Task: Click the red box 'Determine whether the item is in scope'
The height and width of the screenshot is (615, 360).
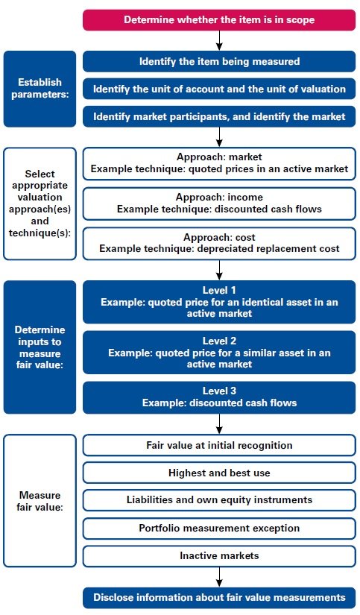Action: tap(219, 20)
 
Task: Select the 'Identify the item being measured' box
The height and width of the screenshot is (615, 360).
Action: tap(219, 61)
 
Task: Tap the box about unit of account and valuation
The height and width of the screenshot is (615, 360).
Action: tap(219, 89)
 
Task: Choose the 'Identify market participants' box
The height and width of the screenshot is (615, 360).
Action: tap(219, 116)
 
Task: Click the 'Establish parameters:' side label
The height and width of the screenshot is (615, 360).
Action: tap(40, 89)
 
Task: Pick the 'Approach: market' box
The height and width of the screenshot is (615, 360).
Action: tap(219, 163)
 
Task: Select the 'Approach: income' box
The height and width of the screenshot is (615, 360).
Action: tap(219, 204)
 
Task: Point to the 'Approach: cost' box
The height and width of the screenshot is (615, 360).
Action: tap(219, 243)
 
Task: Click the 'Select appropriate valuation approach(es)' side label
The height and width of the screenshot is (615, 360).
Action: tap(40, 204)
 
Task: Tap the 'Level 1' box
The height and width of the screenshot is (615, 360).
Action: tap(219, 302)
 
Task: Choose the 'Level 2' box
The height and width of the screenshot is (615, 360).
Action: tap(219, 353)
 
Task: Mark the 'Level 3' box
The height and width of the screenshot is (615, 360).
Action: tap(219, 397)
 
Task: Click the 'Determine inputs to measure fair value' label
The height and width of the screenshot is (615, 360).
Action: tap(40, 347)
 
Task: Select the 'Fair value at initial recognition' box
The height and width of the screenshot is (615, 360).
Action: tap(219, 446)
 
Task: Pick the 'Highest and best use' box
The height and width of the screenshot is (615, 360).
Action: tap(219, 473)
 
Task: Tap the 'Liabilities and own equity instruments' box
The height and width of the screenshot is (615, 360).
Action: tap(219, 500)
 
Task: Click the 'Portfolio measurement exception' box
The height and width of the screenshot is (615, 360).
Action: tap(219, 528)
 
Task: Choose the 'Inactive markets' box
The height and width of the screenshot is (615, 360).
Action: tap(219, 555)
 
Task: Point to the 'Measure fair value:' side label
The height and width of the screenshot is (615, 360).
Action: tap(40, 500)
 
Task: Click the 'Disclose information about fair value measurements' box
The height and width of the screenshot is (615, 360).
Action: tap(219, 597)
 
